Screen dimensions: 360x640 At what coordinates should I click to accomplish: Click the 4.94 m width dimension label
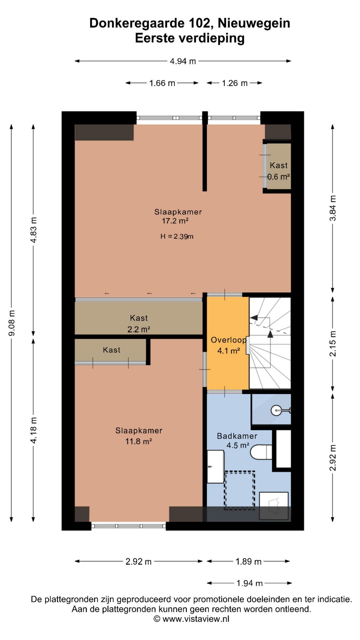pyautogui.click(x=183, y=61)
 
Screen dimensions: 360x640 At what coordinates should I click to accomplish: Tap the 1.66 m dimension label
pyautogui.click(x=162, y=83)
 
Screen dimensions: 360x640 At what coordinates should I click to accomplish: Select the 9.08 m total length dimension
pyautogui.click(x=12, y=323)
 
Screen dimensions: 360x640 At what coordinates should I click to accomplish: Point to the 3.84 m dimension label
pyautogui.click(x=333, y=208)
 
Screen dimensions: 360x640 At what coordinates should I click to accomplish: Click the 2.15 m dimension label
pyautogui.click(x=333, y=344)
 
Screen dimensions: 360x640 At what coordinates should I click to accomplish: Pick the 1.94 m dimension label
pyautogui.click(x=250, y=583)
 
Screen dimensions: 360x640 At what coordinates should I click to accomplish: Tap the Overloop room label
pyautogui.click(x=229, y=340)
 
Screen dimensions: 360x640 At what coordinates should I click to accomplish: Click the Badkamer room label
pyautogui.click(x=237, y=436)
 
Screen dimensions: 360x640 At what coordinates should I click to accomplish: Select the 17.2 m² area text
pyautogui.click(x=175, y=221)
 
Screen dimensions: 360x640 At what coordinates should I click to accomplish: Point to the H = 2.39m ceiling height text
pyautogui.click(x=177, y=236)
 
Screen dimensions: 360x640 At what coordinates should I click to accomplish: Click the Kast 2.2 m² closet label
pyautogui.click(x=139, y=323)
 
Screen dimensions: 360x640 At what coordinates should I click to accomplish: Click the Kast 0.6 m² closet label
pyautogui.click(x=279, y=171)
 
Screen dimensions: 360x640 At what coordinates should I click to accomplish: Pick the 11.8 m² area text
pyautogui.click(x=139, y=441)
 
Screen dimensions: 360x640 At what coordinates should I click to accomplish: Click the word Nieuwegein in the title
pyautogui.click(x=254, y=23)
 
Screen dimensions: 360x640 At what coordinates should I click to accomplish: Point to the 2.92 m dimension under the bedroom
pyautogui.click(x=139, y=561)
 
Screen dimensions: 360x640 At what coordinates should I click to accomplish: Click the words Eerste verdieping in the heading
pyautogui.click(x=190, y=38)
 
